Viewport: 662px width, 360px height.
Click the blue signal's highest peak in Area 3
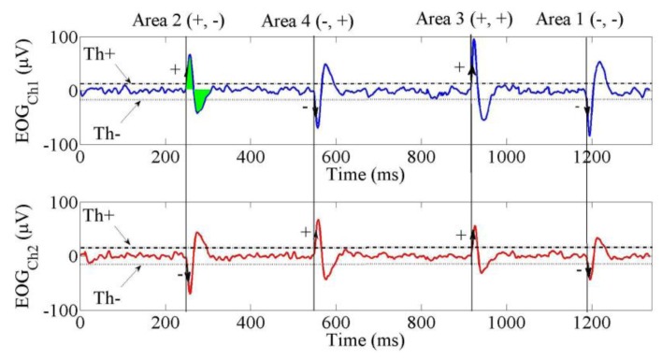474,40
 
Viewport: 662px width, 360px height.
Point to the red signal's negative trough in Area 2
189,293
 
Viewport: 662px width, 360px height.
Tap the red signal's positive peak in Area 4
319,221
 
